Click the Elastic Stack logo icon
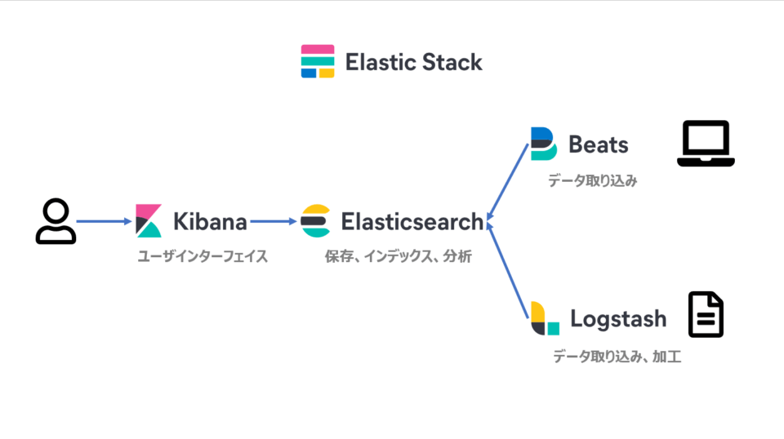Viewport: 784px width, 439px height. click(x=318, y=61)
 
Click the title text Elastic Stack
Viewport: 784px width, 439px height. click(x=413, y=62)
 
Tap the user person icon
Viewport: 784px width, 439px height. click(x=56, y=221)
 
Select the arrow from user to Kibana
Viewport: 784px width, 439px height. click(x=105, y=221)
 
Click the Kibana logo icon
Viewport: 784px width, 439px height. click(x=149, y=221)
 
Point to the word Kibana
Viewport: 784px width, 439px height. click(x=210, y=221)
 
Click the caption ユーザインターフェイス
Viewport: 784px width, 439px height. click(x=203, y=256)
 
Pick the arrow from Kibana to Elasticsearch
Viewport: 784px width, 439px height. click(x=273, y=221)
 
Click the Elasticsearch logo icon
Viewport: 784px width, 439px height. click(x=315, y=221)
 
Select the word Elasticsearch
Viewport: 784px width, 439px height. click(x=412, y=221)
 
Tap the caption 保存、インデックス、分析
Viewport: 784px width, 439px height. click(x=399, y=256)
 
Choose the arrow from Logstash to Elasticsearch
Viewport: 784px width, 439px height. click(x=506, y=269)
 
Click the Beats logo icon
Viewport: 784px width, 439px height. click(x=543, y=144)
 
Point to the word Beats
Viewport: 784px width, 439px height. click(x=599, y=144)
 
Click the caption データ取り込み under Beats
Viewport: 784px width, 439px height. click(x=592, y=180)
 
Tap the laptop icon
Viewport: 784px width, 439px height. click(x=706, y=144)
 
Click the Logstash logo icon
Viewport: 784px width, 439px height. click(x=545, y=318)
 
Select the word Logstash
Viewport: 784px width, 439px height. click(x=618, y=318)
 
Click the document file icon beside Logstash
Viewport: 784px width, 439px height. click(x=706, y=314)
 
